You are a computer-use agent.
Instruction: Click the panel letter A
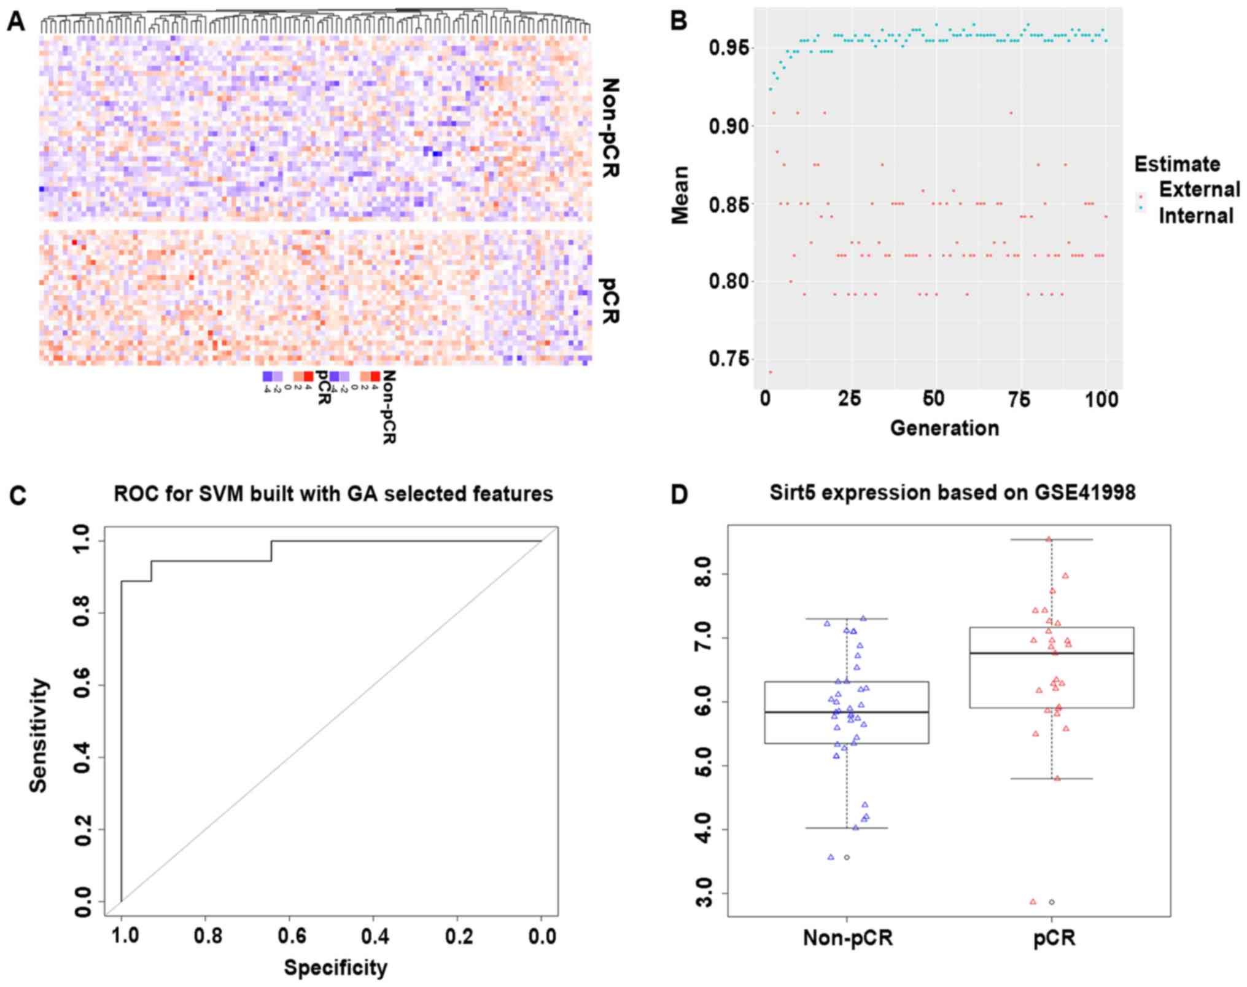click(x=16, y=22)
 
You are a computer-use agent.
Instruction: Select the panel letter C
click(x=17, y=495)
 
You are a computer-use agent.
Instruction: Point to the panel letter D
click(x=679, y=495)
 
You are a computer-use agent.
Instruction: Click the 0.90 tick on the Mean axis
click(x=729, y=127)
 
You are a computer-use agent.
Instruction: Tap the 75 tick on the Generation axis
click(x=1018, y=400)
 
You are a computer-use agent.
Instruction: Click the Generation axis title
click(x=944, y=428)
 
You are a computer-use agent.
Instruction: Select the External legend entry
click(x=1199, y=189)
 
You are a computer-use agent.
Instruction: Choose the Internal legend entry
click(x=1195, y=216)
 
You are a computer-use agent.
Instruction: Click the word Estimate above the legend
click(x=1176, y=164)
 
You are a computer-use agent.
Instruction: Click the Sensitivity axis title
click(x=38, y=735)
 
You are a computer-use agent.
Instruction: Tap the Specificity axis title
click(x=335, y=968)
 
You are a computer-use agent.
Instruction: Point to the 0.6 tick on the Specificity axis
click(x=292, y=937)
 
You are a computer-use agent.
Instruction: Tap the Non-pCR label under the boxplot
click(x=847, y=938)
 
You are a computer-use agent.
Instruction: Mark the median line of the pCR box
click(x=1051, y=653)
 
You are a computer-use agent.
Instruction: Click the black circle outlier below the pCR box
click(x=1052, y=902)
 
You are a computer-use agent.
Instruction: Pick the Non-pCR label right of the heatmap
click(x=609, y=128)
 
